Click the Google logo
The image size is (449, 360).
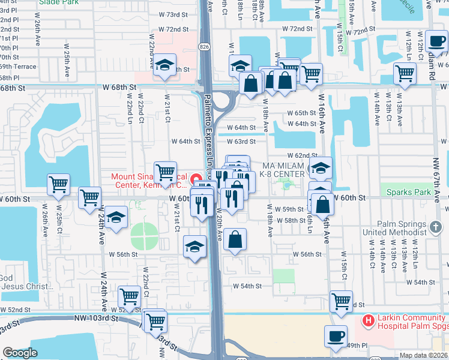20,353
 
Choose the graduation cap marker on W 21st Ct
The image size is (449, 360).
163,67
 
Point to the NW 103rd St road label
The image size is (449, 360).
96,318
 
